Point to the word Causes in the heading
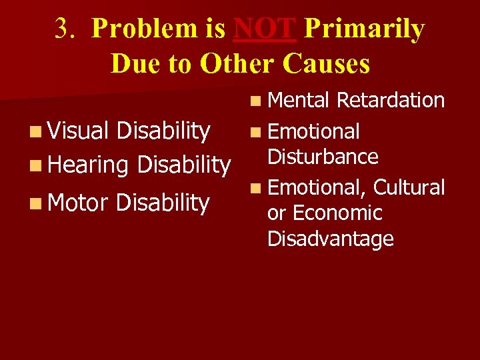(x=327, y=63)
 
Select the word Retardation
(x=391, y=100)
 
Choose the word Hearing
(x=89, y=164)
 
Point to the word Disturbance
(x=323, y=157)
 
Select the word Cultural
(x=409, y=187)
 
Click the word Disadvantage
(x=331, y=239)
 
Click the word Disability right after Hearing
(x=183, y=164)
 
